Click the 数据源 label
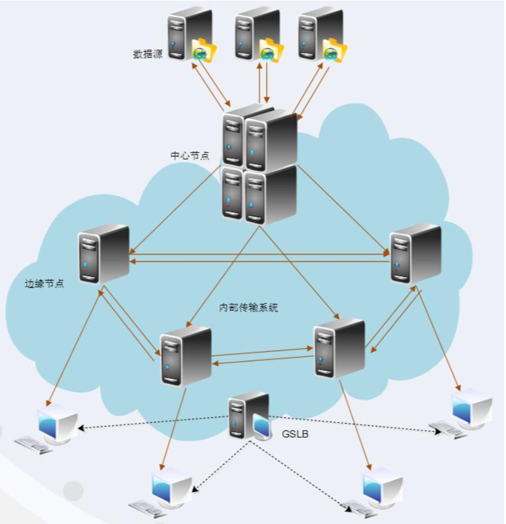[x=148, y=54]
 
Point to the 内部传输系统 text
[x=249, y=308]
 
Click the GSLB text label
[x=295, y=434]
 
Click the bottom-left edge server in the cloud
[x=185, y=355]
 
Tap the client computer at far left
[x=52, y=426]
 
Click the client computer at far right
[x=467, y=412]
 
